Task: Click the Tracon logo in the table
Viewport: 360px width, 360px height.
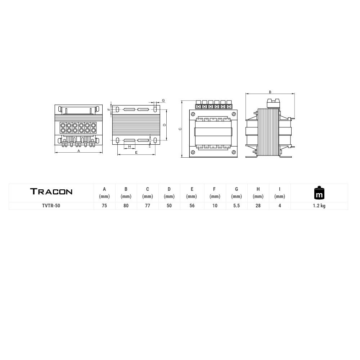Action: pos(51,192)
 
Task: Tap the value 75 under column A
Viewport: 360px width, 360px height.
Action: pos(104,206)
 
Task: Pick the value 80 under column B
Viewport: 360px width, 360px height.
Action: pos(126,206)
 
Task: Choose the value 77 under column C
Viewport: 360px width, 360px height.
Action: pos(148,206)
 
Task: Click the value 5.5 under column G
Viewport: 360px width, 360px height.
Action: pos(237,206)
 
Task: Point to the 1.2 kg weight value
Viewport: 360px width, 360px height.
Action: pos(319,206)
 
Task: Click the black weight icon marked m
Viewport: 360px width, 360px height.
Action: pos(319,193)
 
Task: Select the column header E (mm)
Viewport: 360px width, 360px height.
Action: pos(192,193)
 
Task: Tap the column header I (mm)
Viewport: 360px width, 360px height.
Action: pos(280,193)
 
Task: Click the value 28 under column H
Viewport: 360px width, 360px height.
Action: pos(258,206)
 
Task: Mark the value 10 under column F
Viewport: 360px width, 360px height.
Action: pos(215,206)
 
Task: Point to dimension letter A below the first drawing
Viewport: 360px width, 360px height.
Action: pos(78,151)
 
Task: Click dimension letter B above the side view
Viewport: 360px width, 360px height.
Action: pos(270,92)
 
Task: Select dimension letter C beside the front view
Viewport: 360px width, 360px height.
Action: pos(180,129)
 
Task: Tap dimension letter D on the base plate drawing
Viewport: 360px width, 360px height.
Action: pos(164,125)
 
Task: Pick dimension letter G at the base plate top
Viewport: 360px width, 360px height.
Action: pos(163,100)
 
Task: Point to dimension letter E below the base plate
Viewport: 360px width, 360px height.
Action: pos(136,153)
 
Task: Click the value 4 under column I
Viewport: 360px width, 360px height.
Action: pos(280,206)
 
